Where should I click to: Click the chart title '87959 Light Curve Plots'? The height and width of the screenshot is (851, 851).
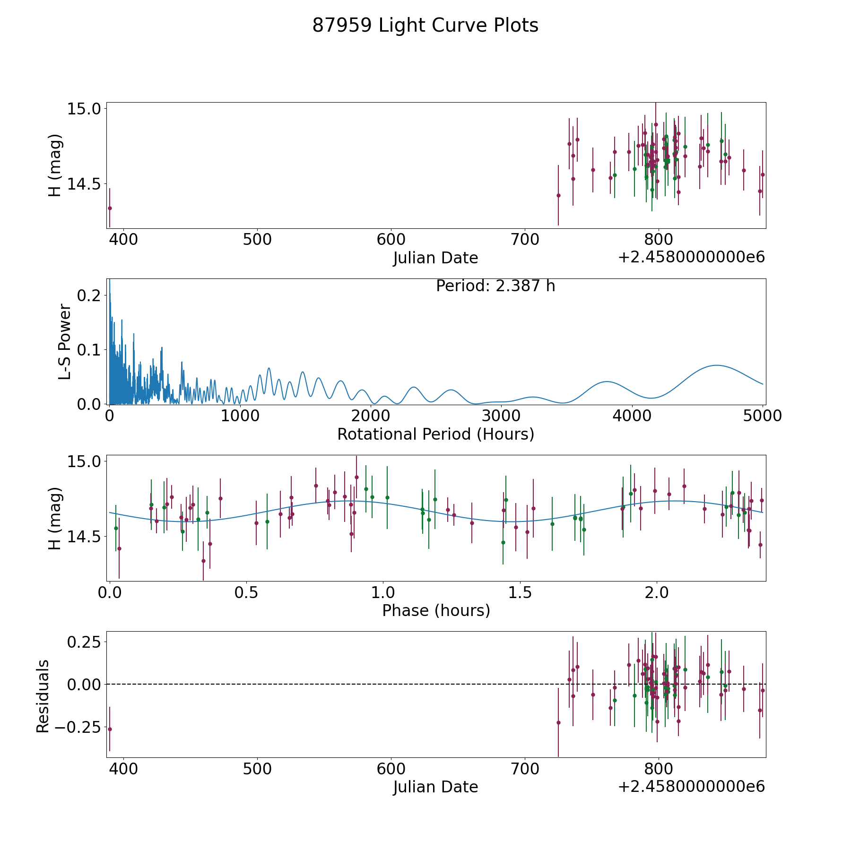425,26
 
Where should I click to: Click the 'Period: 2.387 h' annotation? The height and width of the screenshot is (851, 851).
495,286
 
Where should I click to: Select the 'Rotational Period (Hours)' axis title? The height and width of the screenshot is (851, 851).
435,434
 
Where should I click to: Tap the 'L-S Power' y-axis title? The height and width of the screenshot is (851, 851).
65,341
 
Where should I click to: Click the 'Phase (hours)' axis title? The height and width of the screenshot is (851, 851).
436,610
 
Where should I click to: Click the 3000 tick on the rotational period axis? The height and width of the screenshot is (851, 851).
501,416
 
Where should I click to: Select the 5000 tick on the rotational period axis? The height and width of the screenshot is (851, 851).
763,416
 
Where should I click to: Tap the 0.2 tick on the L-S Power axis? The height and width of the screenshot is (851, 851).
88,295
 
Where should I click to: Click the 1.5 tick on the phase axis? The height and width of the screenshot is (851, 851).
520,592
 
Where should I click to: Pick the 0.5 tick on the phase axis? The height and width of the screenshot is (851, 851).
246,592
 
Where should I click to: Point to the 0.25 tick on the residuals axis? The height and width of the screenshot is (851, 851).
84,643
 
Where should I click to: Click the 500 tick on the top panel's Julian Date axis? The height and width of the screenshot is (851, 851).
257,239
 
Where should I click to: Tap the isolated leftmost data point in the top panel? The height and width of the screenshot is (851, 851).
110,208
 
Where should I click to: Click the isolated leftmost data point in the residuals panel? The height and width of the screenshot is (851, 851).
110,729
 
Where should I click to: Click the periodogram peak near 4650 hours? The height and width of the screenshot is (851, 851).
717,365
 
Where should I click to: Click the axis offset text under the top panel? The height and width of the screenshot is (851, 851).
691,257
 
